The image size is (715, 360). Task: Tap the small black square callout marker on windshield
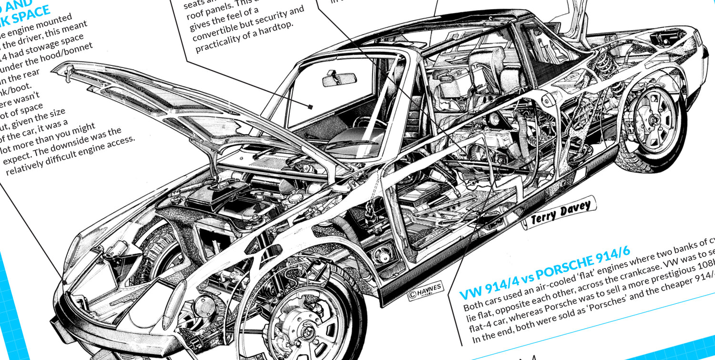(x=310, y=107)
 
